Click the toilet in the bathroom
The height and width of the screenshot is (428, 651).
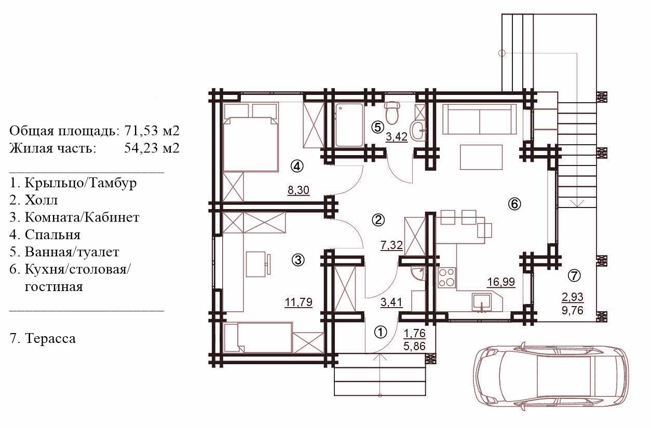pos(392,113)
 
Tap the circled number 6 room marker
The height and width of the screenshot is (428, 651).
pos(514,204)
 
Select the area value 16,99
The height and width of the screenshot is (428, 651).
pos(501,282)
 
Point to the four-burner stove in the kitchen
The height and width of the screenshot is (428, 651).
pos(446,278)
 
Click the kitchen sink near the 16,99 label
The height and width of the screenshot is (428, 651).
pos(482,302)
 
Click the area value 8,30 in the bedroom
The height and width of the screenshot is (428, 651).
pos(298,190)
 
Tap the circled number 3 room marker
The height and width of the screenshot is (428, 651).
pos(298,260)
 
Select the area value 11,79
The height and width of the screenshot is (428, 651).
pos(299,302)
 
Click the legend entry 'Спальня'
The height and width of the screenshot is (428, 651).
pos(52,234)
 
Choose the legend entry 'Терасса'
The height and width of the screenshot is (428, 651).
pos(50,338)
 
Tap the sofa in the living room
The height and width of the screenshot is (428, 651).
pos(480,119)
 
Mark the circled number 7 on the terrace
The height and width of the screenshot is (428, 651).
pos(574,275)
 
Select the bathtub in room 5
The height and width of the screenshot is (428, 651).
pos(349,125)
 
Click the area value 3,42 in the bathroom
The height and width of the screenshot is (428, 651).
pos(397,137)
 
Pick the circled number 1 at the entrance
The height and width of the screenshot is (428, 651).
pos(380,332)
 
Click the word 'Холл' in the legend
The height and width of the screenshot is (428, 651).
pos(41,200)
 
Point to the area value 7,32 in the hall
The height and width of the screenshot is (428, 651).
pos(391,245)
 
